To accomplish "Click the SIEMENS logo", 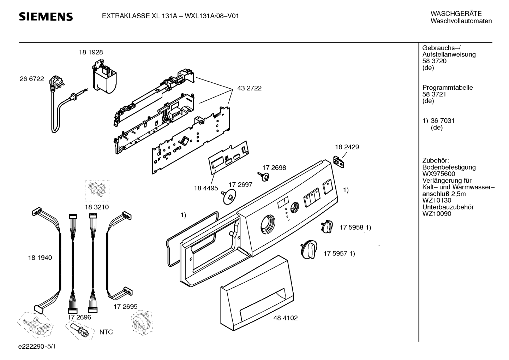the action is [46, 17].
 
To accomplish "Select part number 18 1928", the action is [91, 52].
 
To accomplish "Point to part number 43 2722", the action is [250, 88].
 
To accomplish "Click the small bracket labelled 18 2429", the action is [339, 162].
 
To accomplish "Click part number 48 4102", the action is [286, 318].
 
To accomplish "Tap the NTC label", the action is [106, 332].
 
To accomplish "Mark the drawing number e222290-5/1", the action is [37, 346].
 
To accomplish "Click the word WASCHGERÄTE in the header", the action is [456, 13].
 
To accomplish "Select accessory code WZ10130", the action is [437, 200].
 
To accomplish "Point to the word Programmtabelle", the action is [448, 88].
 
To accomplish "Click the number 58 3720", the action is [435, 61].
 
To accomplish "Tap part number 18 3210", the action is [97, 207].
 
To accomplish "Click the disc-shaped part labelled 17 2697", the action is [229, 196].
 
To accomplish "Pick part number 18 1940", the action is [40, 258].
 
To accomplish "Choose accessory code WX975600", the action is [439, 174].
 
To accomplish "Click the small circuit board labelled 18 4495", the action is [229, 158].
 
